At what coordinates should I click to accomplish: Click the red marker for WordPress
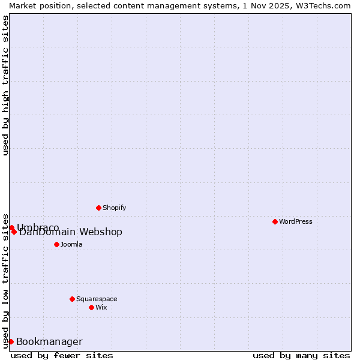pyautogui.click(x=275, y=221)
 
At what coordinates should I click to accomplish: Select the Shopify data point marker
pyautogui.click(x=98, y=208)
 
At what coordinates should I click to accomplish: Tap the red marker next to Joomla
pyautogui.click(x=56, y=244)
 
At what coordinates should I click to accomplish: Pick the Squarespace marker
pyautogui.click(x=72, y=299)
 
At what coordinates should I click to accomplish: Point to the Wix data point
pyautogui.click(x=91, y=307)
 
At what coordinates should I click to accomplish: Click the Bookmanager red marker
pyautogui.click(x=11, y=341)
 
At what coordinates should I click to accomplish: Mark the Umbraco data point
pyautogui.click(x=11, y=227)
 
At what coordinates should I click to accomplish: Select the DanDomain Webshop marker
pyautogui.click(x=14, y=232)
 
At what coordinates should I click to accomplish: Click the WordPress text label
pyautogui.click(x=296, y=221)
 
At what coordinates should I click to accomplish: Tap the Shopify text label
pyautogui.click(x=115, y=208)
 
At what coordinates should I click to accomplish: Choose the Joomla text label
pyautogui.click(x=71, y=244)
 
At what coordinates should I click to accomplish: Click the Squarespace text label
pyautogui.click(x=97, y=299)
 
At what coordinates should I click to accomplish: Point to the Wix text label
pyautogui.click(x=101, y=307)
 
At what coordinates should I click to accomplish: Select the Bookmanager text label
pyautogui.click(x=49, y=341)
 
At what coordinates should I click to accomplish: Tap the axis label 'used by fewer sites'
pyautogui.click(x=62, y=355)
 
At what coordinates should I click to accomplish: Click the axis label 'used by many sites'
pyautogui.click(x=301, y=355)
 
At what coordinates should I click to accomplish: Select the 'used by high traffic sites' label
pyautogui.click(x=6, y=85)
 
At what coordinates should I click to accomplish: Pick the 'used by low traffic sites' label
pyautogui.click(x=6, y=280)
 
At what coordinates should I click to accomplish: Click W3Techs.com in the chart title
pyautogui.click(x=322, y=5)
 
